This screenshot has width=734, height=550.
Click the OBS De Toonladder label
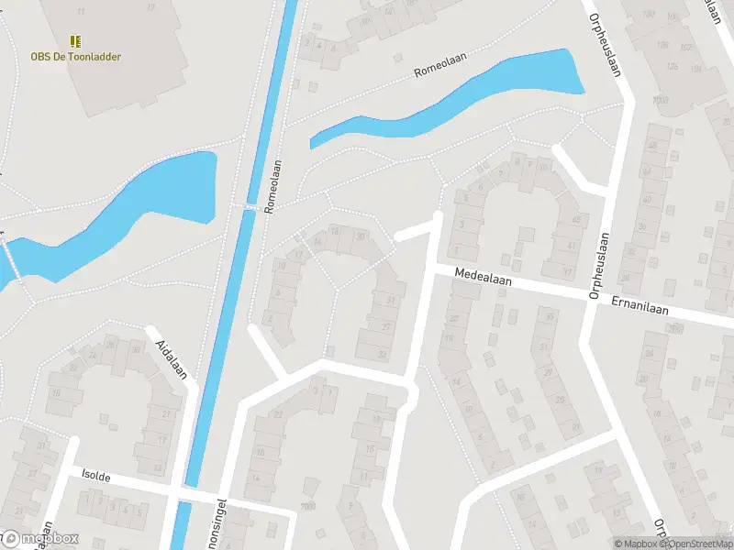point(75,57)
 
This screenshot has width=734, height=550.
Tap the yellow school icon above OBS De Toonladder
point(75,41)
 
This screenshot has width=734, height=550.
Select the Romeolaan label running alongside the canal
point(272,187)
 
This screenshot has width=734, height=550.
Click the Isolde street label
point(97,477)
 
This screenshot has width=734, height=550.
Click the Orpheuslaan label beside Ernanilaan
point(598,266)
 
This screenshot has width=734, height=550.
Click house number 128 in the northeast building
point(673,66)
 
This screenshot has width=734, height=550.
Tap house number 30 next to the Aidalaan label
point(137,349)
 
